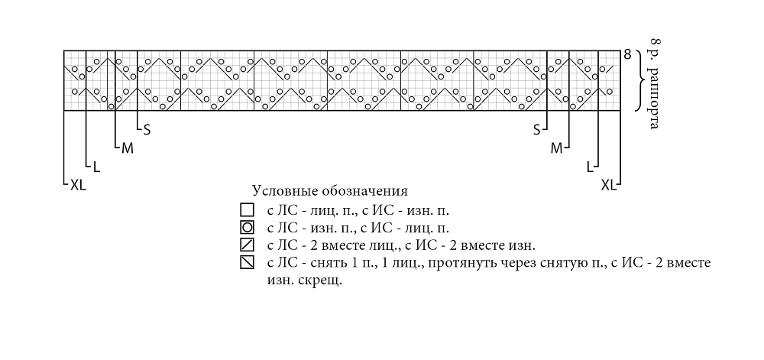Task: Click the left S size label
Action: coord(147,130)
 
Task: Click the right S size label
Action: coord(537,130)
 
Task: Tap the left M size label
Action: coord(127,148)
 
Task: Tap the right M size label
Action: coord(556,148)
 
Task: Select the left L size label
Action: coord(96,167)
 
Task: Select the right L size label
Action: coord(590,167)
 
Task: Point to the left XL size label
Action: coord(78,185)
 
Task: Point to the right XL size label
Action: coord(609,185)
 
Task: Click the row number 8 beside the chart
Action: coord(627,54)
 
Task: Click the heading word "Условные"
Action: coord(280,190)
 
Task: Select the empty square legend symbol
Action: coord(247,210)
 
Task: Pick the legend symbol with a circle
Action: coord(247,227)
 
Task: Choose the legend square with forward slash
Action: coord(247,245)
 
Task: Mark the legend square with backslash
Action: coord(247,262)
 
